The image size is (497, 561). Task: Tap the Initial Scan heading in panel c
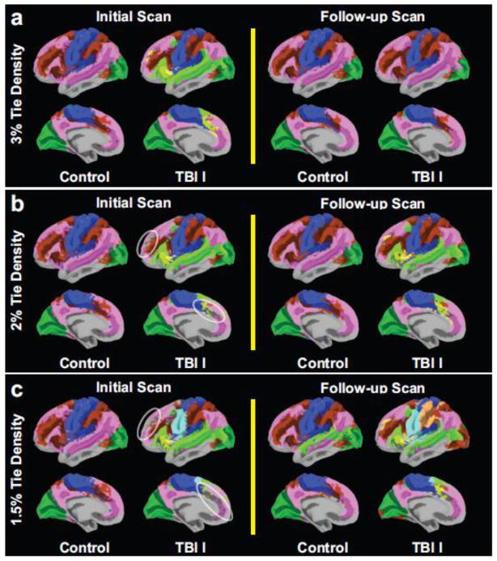pos(131,384)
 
